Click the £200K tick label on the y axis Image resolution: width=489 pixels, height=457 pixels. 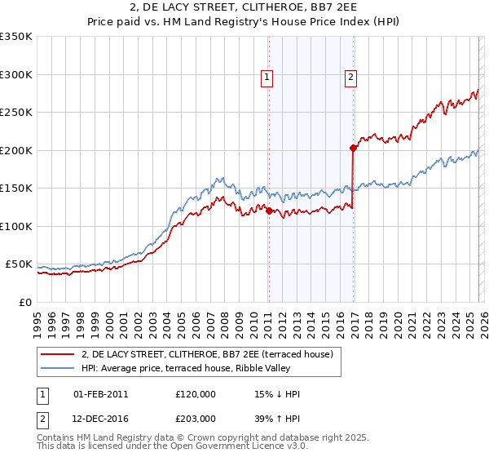16,150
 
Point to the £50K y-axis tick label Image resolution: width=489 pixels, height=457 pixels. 19,264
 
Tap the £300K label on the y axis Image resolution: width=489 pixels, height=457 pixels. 16,74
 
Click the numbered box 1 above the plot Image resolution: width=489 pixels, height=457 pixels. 267,78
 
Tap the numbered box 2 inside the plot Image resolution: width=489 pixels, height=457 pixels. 350,78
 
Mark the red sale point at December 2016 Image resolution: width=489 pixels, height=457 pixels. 353,148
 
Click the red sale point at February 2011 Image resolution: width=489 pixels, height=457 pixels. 269,211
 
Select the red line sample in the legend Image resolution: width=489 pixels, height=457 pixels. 59,355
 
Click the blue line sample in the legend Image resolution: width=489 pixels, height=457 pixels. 59,369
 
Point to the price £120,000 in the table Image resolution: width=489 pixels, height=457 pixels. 196,394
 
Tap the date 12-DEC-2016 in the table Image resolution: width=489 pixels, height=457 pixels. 100,418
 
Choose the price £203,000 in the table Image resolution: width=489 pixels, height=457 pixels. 196,418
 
